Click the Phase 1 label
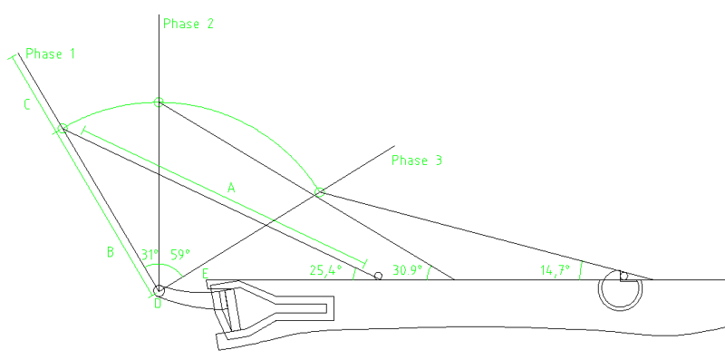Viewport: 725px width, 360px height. (50, 54)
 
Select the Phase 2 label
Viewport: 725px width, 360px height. (188, 24)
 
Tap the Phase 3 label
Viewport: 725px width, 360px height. (417, 161)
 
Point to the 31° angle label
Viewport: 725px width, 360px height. (150, 256)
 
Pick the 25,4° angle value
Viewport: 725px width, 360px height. (324, 270)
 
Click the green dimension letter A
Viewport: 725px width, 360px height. (231, 188)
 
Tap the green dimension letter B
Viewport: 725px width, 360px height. (111, 253)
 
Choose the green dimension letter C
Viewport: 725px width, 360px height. (27, 104)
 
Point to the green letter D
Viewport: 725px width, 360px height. (157, 304)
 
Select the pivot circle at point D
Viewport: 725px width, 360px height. (159, 290)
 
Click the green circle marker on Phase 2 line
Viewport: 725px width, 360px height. (158, 102)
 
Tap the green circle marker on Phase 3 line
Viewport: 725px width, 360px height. (319, 192)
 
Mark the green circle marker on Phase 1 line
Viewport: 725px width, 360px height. (63, 129)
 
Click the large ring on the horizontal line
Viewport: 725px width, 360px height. (623, 291)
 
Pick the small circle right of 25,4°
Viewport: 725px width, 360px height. (378, 275)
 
